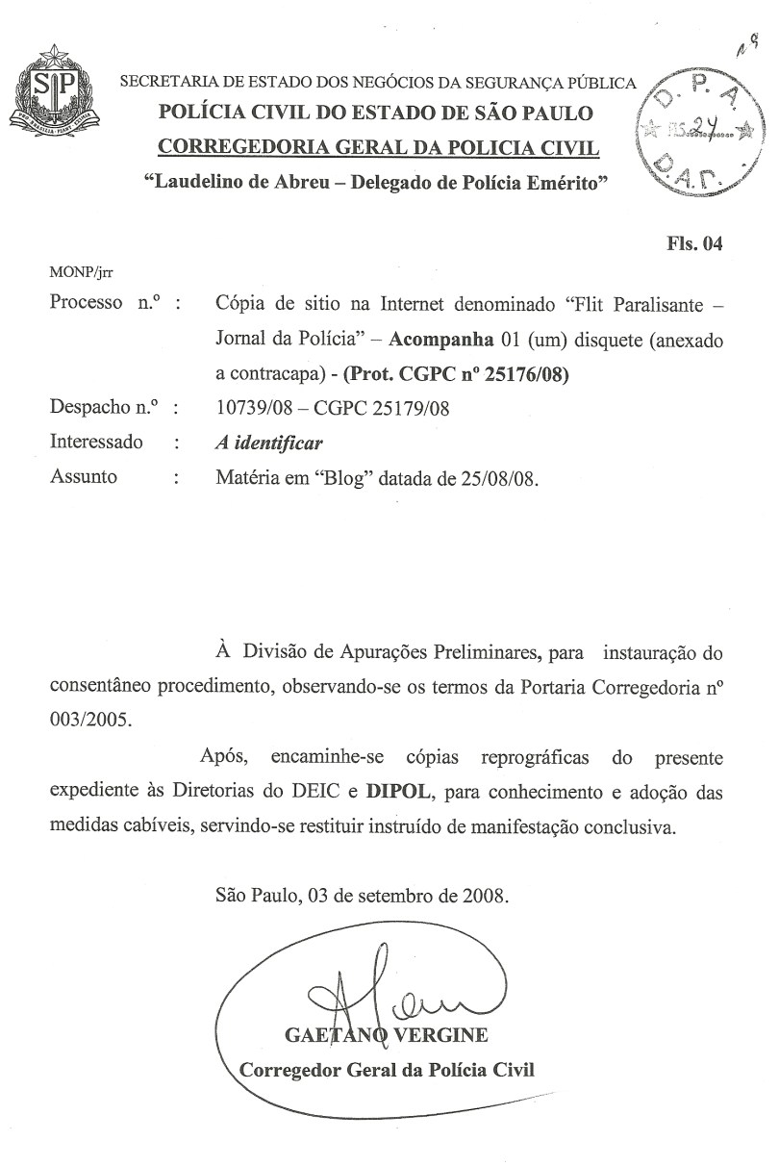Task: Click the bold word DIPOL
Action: [395, 793]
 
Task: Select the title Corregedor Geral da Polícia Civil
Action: [386, 1069]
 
